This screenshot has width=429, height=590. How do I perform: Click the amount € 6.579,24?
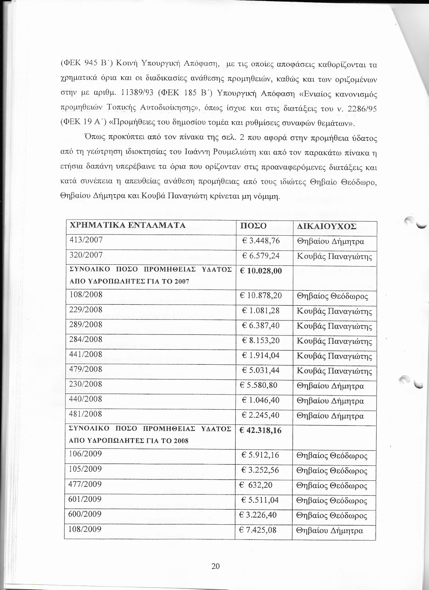pos(261,256)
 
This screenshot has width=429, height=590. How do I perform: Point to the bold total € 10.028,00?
pos(260,271)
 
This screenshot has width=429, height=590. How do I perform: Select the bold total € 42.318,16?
pos(260,430)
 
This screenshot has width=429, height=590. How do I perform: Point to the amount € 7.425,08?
pos(259,530)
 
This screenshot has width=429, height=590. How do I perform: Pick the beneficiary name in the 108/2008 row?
pos(332,296)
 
